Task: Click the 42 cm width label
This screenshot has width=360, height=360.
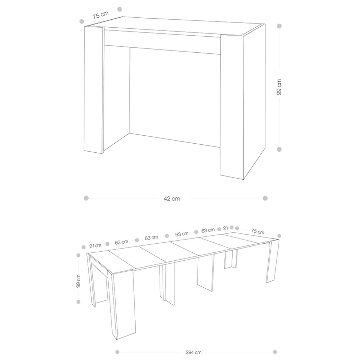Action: point(172,199)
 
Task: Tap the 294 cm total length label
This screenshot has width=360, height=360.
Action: point(193,352)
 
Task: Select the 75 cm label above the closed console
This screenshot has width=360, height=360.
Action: point(100,15)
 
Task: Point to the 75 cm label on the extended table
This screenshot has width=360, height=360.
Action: point(257,231)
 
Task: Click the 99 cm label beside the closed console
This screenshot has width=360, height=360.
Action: point(279,87)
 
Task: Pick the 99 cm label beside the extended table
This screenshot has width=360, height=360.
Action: point(78,281)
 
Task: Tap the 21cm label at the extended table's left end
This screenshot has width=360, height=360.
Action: point(95,246)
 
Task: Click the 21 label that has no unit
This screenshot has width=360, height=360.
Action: point(225,228)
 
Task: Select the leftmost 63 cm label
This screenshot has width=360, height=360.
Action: point(121,242)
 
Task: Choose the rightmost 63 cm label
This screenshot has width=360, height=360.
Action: point(208,230)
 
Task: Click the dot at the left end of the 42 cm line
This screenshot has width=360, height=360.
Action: point(86,198)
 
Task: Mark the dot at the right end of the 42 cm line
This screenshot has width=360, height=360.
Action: point(265,198)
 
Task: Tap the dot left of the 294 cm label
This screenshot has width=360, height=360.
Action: point(117,352)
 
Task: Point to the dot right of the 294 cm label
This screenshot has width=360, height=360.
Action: point(275,352)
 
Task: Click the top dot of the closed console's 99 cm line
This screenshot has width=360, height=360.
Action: point(279,26)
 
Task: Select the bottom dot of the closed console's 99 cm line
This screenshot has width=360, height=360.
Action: point(279,149)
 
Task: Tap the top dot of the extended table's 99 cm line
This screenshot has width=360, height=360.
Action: point(79,255)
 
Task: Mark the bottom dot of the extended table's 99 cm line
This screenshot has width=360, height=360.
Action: point(79,302)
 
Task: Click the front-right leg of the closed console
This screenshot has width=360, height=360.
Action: point(232,107)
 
